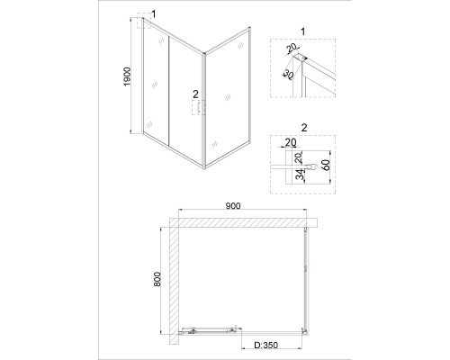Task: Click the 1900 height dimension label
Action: click(128, 76)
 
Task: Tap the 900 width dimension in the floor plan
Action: click(233, 206)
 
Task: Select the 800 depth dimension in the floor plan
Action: click(157, 279)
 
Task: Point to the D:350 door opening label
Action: click(266, 346)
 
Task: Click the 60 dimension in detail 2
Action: click(327, 165)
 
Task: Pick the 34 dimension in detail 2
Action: click(300, 175)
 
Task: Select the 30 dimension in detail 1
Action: click(287, 75)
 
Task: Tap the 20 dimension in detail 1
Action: click(291, 47)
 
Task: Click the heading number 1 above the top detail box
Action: click(303, 31)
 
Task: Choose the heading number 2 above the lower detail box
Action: click(304, 128)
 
